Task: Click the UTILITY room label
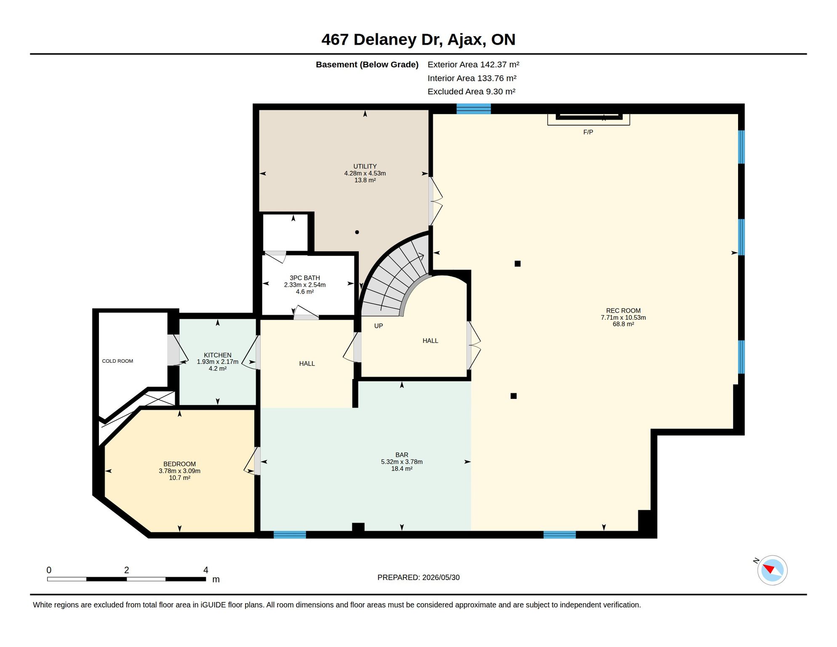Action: tap(365, 166)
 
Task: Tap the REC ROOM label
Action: tap(623, 310)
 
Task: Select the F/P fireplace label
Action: tap(588, 132)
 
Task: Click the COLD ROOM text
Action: tap(117, 361)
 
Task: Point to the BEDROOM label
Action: tap(179, 464)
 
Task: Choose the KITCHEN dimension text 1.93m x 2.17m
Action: tap(218, 362)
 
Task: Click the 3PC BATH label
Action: tap(304, 278)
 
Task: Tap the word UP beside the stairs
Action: tap(379, 326)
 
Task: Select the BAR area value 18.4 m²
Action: tap(402, 468)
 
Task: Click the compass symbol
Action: tap(772, 570)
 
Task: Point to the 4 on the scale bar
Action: tap(206, 570)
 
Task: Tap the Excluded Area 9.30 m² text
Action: tap(472, 91)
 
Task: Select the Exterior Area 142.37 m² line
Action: tap(473, 64)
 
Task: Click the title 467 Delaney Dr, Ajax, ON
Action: tap(418, 40)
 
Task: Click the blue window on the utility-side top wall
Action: tap(474, 109)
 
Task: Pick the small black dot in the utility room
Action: tap(357, 232)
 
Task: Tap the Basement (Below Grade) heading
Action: tap(367, 64)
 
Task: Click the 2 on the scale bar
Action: tap(126, 570)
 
